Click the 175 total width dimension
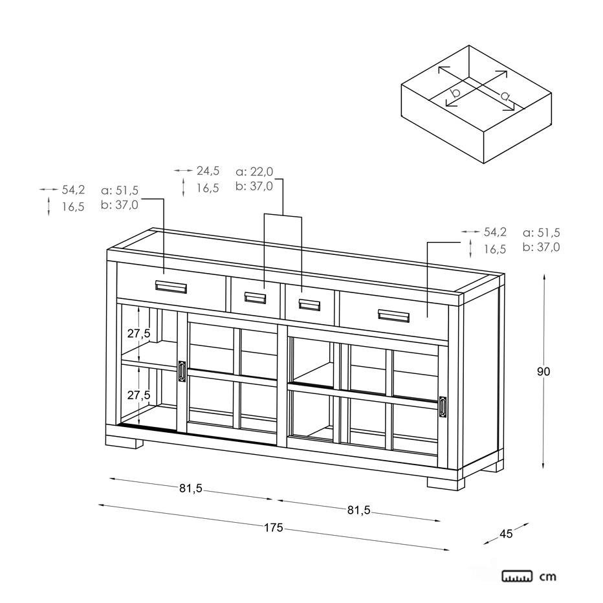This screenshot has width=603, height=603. click(x=274, y=528)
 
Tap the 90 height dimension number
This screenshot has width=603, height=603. click(x=543, y=371)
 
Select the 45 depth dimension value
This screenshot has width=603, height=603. click(x=506, y=534)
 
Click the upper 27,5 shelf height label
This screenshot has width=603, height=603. click(x=139, y=333)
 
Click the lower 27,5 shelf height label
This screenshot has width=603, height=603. click(x=139, y=395)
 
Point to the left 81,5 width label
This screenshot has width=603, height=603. click(x=191, y=488)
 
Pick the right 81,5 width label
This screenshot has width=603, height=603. click(x=359, y=510)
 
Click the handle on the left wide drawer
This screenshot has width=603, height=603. click(x=171, y=287)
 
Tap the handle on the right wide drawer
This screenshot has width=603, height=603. click(x=394, y=316)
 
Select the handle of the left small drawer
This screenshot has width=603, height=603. click(x=255, y=298)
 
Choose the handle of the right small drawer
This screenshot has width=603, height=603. click(x=309, y=305)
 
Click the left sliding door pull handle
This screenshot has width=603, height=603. click(x=182, y=371)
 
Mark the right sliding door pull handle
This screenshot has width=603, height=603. click(x=443, y=407)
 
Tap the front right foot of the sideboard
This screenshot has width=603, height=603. click(x=446, y=483)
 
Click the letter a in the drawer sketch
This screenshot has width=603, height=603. click(x=505, y=95)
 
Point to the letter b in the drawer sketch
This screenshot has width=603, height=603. click(x=455, y=92)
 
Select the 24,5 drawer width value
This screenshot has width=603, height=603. click(x=208, y=170)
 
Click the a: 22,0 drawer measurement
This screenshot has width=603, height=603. click(x=254, y=171)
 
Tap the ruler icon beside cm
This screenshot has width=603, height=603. click(x=517, y=576)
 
